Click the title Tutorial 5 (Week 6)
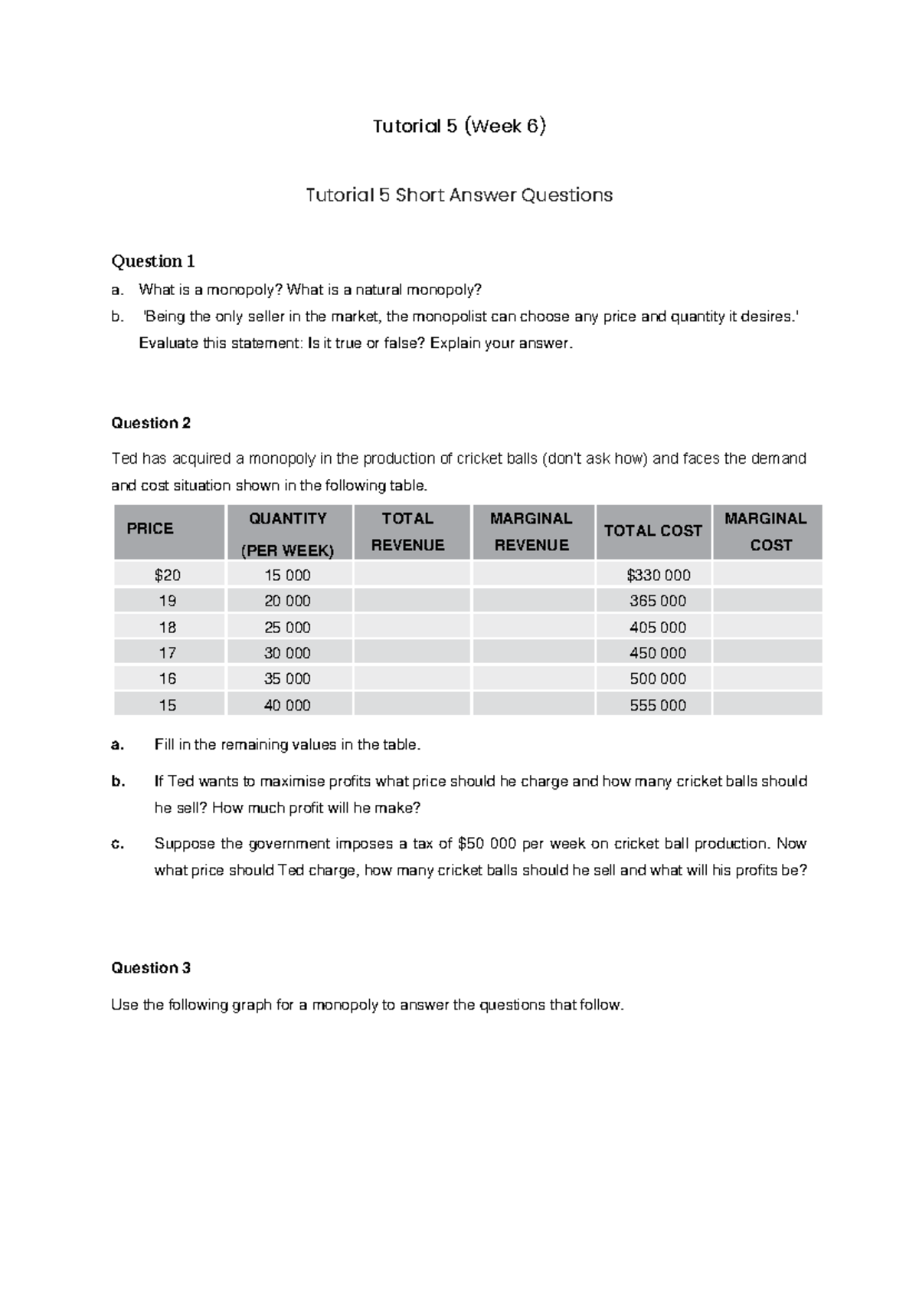459,126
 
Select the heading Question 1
153,261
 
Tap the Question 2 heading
151,423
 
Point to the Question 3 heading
151,968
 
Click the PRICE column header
150,529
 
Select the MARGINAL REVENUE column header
531,532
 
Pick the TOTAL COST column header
652,530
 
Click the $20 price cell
168,575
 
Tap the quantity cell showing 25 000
287,627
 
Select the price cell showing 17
168,653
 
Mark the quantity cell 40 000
287,705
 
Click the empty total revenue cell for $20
411,575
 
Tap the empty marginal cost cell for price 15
767,705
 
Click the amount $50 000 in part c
486,844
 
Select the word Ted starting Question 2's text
124,459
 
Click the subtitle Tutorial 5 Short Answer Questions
459,195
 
